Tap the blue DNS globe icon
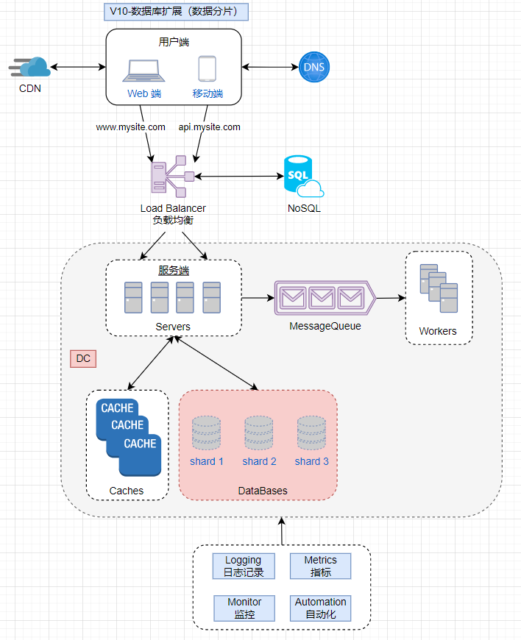[x=315, y=68]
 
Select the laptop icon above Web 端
[x=143, y=70]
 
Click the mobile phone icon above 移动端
[x=207, y=69]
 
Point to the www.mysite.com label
[x=131, y=127]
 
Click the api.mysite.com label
[x=210, y=127]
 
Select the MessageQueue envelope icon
[x=324, y=298]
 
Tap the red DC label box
[x=84, y=359]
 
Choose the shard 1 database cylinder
[x=206, y=433]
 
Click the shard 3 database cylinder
[x=311, y=433]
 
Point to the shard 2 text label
[x=259, y=461]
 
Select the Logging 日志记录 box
[x=243, y=566]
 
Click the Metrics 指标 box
[x=321, y=566]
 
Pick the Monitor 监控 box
[x=243, y=608]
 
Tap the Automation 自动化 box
[x=321, y=608]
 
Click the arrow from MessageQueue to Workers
[x=390, y=299]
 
